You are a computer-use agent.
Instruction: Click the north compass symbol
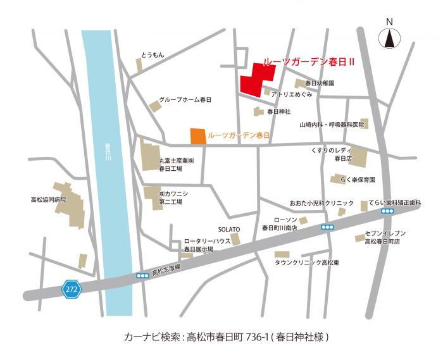tap(390, 39)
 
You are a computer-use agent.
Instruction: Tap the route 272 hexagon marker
tap(71, 289)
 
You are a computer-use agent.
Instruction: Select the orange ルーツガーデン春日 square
tap(198, 136)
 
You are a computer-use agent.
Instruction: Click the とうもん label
tap(153, 55)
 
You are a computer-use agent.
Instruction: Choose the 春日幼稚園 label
tap(320, 83)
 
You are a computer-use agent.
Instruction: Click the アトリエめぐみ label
tap(292, 94)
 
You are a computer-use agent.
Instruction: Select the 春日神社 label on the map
tap(278, 111)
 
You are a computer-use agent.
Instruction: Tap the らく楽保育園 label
tap(367, 180)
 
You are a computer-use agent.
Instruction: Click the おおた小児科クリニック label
tap(322, 203)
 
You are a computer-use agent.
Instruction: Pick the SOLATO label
tap(228, 229)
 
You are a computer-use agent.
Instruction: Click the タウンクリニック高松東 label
tap(307, 262)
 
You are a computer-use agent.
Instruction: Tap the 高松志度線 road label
tap(166, 270)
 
